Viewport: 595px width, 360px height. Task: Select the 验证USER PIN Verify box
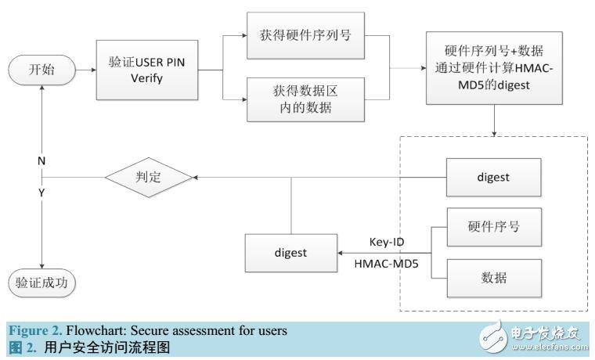146,70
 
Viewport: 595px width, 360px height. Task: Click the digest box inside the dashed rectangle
493,178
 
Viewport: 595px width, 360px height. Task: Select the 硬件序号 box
493,228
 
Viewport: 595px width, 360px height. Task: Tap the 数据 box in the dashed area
493,276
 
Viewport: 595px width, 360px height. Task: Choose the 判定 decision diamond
149,178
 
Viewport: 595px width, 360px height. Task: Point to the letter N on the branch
41,161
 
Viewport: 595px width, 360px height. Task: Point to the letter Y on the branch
41,193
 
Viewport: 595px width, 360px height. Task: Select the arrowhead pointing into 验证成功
41,265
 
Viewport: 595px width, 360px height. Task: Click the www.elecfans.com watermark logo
532,335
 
